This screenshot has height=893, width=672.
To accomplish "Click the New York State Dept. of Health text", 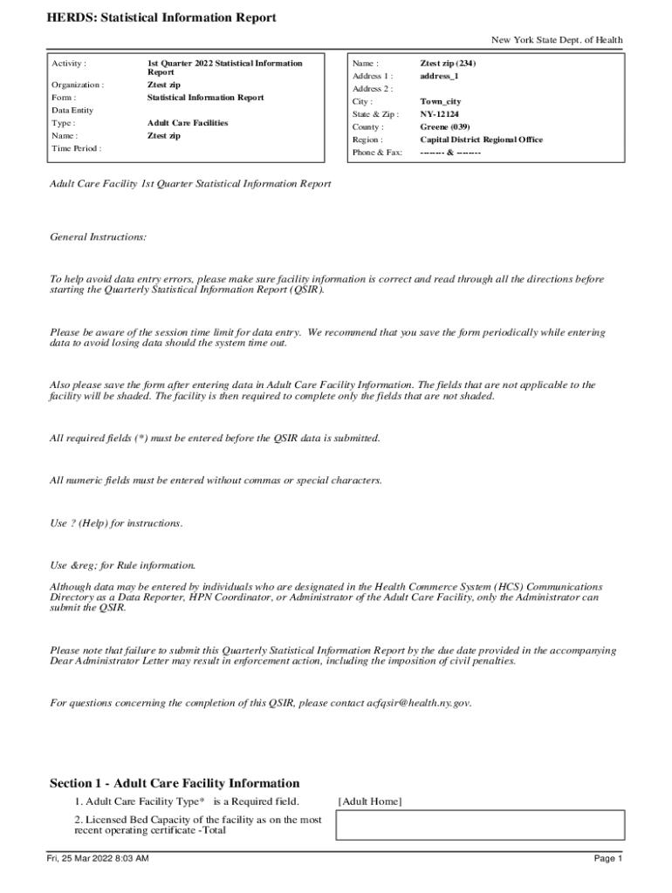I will click(x=557, y=40).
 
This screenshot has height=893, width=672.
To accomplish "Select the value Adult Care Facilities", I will click(x=188, y=123).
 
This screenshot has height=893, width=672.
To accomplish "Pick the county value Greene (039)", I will click(x=446, y=126).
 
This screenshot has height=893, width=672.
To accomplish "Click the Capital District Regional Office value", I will click(x=481, y=140).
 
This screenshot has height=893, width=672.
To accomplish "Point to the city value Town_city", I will click(x=441, y=101).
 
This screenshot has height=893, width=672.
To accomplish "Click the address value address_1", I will click(x=440, y=76).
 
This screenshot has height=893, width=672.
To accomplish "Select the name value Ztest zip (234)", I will click(x=448, y=64).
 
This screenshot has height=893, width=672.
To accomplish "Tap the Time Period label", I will click(x=76, y=148).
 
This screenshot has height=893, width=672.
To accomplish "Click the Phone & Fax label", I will click(x=377, y=153).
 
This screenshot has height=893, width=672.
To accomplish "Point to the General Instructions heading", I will click(x=98, y=236).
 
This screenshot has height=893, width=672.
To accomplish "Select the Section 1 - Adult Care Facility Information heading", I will click(x=175, y=783).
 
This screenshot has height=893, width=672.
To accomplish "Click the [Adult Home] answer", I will click(x=370, y=801).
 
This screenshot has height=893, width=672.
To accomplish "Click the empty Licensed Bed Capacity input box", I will click(x=481, y=825).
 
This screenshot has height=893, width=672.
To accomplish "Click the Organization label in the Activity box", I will click(x=78, y=85).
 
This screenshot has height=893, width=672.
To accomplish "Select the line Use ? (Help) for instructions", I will click(x=116, y=523).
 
